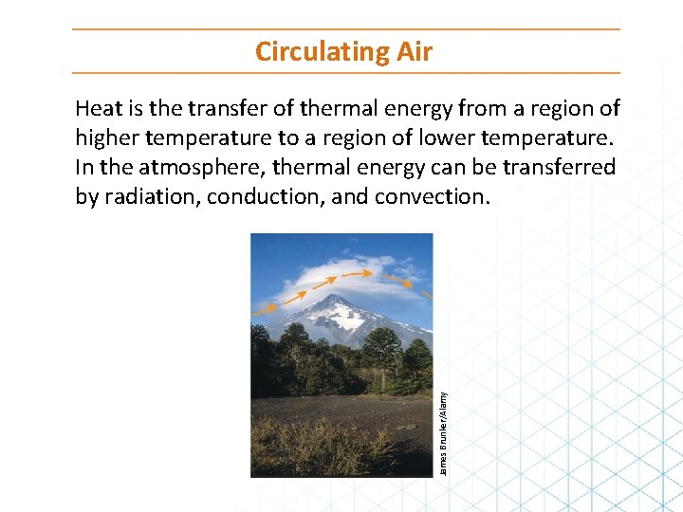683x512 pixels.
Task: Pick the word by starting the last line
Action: tap(86, 196)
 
